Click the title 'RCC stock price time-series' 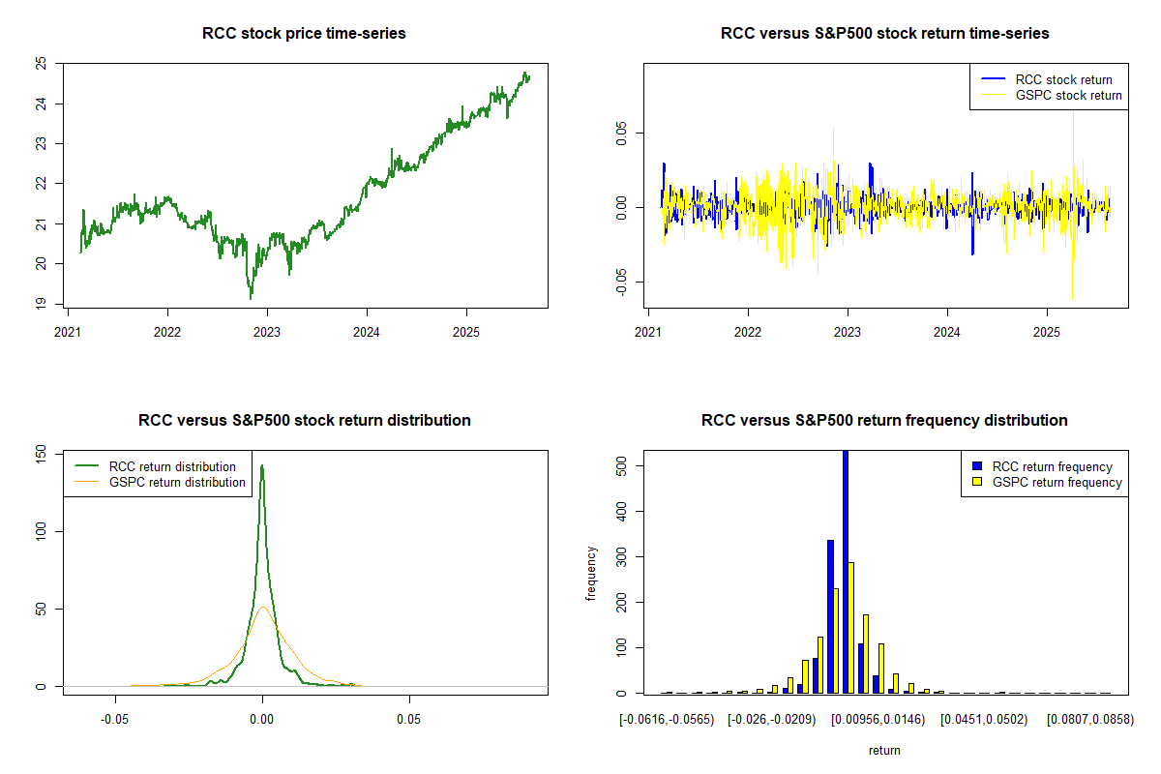pos(304,33)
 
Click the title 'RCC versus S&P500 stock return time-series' pos(884,33)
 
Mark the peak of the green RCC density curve pos(261,466)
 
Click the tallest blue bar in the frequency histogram pos(846,571)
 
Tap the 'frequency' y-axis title pos(591,572)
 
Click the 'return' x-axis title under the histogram pos(884,750)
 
